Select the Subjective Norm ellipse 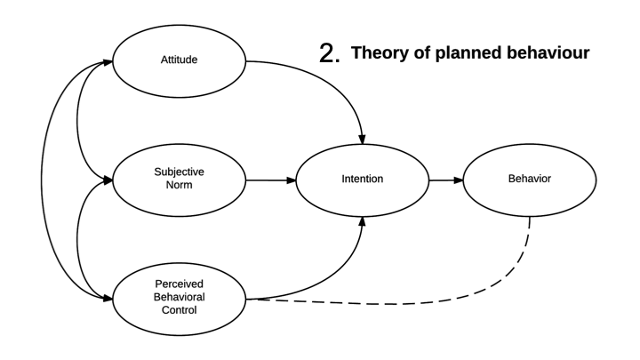click(178, 180)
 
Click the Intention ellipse click(362, 180)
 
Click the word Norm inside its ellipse click(178, 188)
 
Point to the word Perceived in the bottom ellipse click(178, 287)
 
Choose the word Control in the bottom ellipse click(178, 312)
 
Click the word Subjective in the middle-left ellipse click(178, 173)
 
